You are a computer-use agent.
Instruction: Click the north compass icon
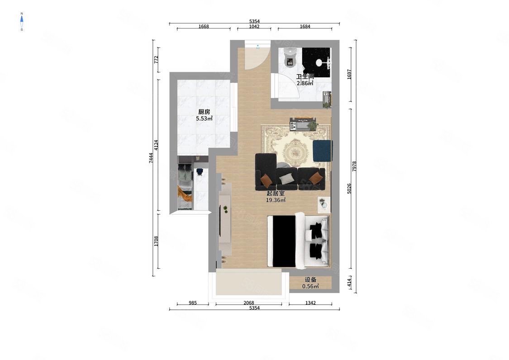pos(22,21)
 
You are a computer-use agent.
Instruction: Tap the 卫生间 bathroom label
pos(305,77)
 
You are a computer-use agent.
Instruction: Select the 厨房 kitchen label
pos(204,112)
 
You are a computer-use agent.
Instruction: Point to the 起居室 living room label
pos(276,194)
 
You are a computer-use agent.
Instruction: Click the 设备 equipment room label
pos(310,279)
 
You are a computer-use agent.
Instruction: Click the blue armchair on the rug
pos(323,150)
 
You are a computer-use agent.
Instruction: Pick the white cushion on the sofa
pos(286,179)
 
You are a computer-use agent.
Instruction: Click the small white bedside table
pos(323,205)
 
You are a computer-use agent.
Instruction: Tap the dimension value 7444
pos(151,158)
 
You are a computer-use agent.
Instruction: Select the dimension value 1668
pos(204,27)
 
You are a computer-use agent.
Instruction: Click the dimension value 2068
pos(249,303)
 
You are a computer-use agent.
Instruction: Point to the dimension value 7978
pos(354,166)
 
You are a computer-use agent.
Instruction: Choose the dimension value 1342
pos(310,303)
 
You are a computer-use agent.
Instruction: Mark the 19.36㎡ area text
pos(276,200)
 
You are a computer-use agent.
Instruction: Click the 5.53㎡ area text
pos(204,118)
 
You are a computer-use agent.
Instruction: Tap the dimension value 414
pos(349,282)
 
